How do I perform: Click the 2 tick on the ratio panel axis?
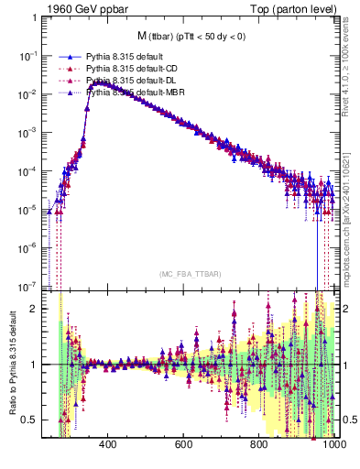pos(34,309)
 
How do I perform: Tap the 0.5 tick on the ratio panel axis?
pos(30,420)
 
